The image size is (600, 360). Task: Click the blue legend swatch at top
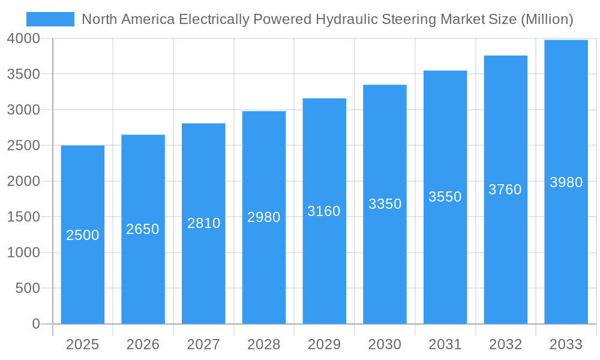[x=50, y=19]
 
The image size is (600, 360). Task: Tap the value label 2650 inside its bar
[x=143, y=229]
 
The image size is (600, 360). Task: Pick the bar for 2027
[x=203, y=270]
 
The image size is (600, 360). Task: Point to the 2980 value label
[x=264, y=217]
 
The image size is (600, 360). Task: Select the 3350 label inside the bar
[x=385, y=204]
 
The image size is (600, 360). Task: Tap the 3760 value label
[x=505, y=190]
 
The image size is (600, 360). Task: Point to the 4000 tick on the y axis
[x=23, y=38]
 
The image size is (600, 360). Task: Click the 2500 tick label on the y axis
[x=23, y=146]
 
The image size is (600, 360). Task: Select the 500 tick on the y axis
[x=28, y=289]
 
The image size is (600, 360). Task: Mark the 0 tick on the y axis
[x=36, y=324]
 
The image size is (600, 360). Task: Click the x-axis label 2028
[x=264, y=344]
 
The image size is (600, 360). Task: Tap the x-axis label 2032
[x=505, y=344]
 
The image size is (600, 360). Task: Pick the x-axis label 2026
[x=143, y=344]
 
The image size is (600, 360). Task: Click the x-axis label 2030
[x=385, y=344]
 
